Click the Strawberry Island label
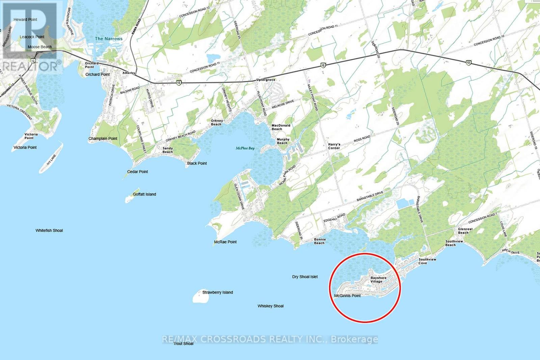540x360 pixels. [218, 292]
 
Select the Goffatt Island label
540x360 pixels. [144, 194]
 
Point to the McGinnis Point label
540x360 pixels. [347, 296]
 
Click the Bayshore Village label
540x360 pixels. [378, 280]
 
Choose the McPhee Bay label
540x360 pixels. [245, 148]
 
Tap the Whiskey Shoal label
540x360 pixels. [271, 306]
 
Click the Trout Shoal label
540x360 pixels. [184, 343]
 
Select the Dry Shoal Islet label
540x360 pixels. [305, 277]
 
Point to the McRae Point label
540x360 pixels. [225, 242]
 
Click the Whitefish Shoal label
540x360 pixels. [49, 230]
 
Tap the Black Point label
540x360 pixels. [197, 163]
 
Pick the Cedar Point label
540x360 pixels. [138, 172]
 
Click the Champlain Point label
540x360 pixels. [103, 139]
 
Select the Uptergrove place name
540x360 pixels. [266, 80]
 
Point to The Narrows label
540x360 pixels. [109, 39]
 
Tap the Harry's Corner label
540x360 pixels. [334, 146]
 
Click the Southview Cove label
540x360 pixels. [427, 261]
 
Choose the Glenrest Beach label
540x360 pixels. [465, 231]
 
